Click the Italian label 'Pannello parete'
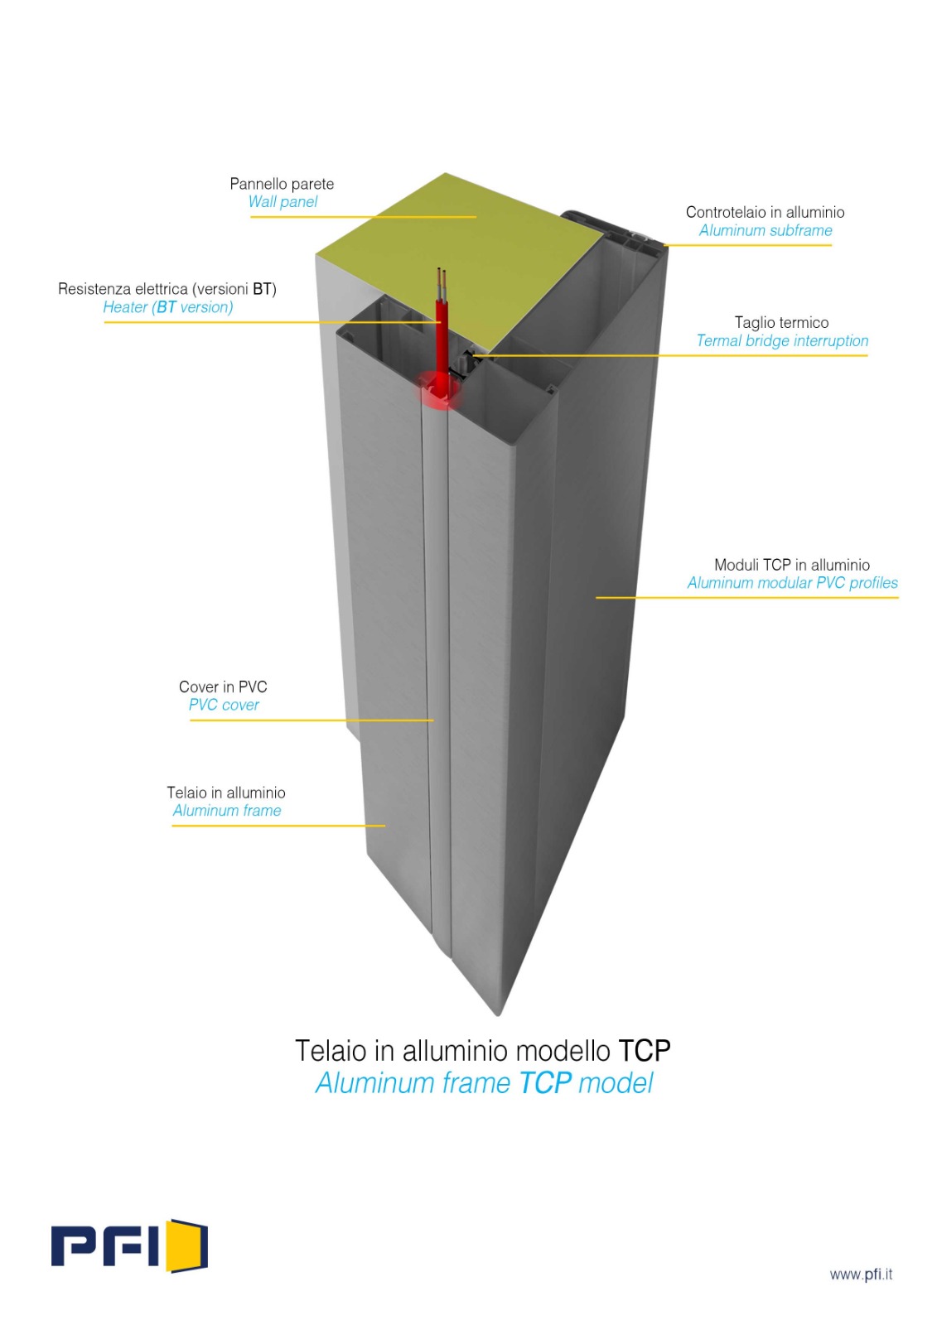[282, 184]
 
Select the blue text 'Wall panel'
[283, 202]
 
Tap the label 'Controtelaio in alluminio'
[765, 212]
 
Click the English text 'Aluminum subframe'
[766, 230]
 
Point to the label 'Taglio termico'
[781, 322]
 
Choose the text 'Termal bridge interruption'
[782, 340]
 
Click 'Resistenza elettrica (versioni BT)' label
[167, 289]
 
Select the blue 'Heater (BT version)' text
[168, 307]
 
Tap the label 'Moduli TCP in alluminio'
[792, 564]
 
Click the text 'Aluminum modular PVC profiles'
[793, 583]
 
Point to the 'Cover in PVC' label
[223, 687]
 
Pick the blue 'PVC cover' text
[224, 705]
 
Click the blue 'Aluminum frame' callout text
[227, 811]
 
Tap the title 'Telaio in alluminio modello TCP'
[482, 1051]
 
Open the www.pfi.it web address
[861, 1274]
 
